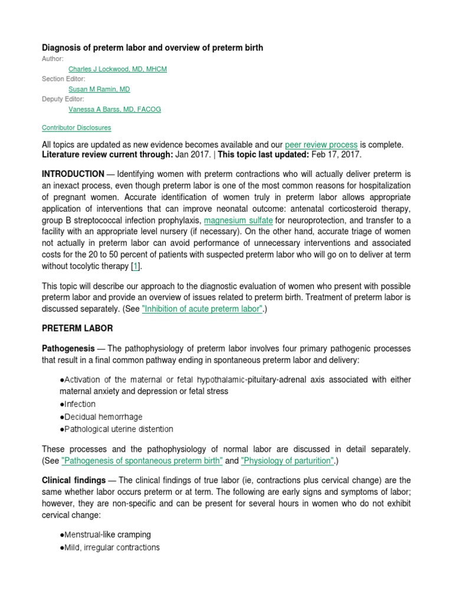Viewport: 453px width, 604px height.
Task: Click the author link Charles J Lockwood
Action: tap(117, 69)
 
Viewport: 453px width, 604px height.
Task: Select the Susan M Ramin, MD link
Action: tap(99, 89)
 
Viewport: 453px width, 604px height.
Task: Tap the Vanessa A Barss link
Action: tap(114, 109)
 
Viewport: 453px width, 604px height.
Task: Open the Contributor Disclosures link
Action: tap(76, 127)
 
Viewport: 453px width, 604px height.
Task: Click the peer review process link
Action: tap(321, 145)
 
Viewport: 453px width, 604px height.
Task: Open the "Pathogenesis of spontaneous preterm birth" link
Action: tap(142, 460)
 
